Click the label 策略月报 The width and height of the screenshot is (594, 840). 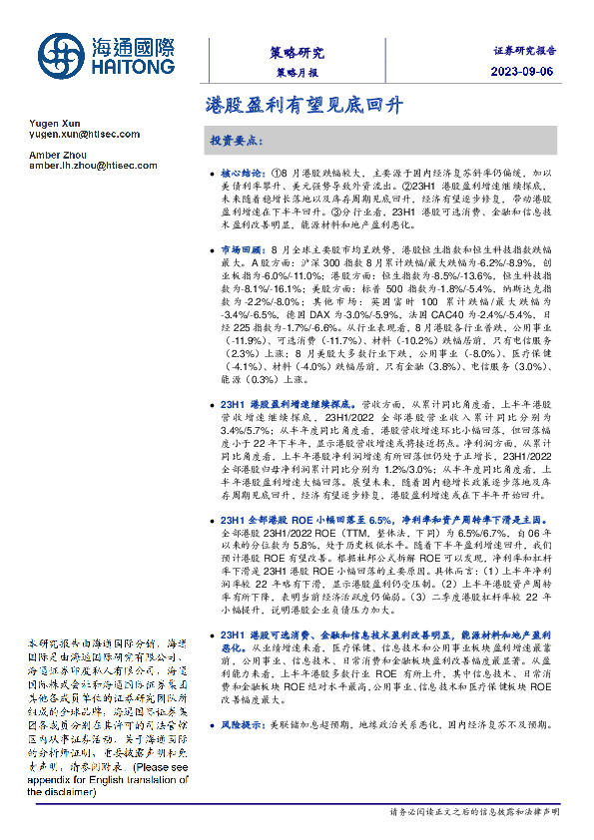[x=297, y=74]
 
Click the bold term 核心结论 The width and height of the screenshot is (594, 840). [x=240, y=173]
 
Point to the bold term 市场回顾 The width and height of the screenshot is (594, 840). [x=240, y=247]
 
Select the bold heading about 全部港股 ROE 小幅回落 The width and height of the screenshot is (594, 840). [x=299, y=520]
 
